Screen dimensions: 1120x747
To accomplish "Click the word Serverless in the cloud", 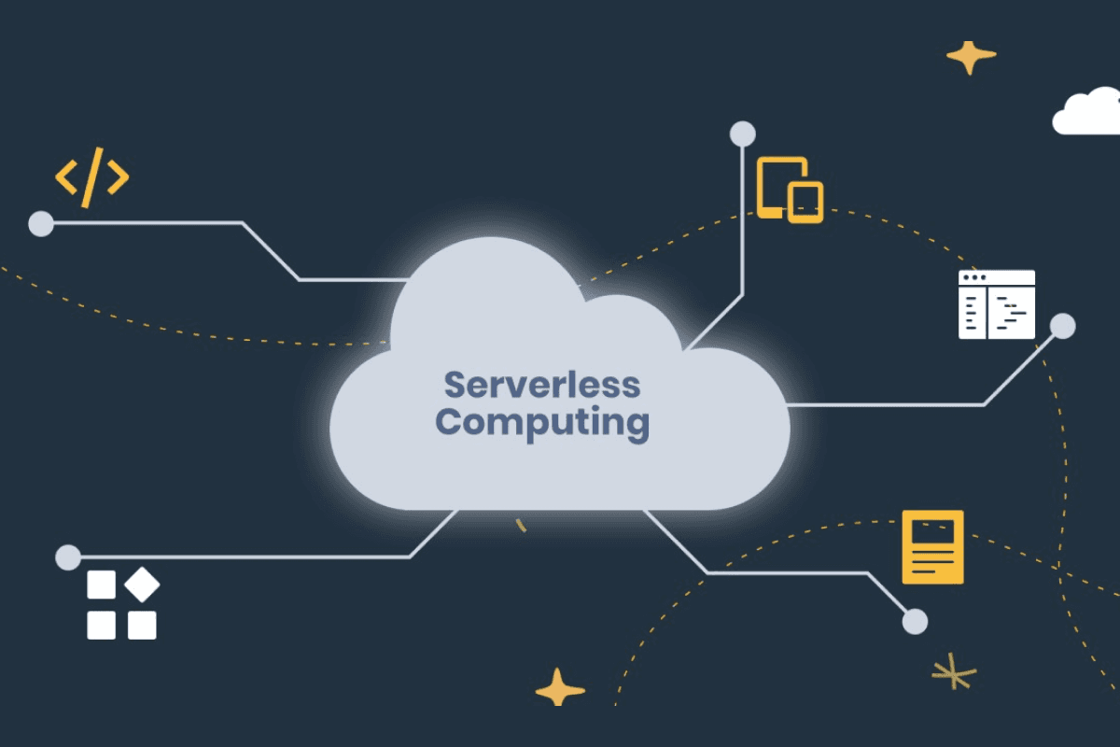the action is (x=542, y=385).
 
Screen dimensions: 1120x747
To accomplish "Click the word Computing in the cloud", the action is (x=542, y=423).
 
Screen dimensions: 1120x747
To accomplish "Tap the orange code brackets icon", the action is (x=92, y=177).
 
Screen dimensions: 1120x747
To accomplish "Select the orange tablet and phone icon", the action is (x=790, y=190).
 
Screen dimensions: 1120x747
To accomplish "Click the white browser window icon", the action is (x=997, y=304).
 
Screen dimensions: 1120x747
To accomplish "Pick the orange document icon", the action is (x=932, y=547).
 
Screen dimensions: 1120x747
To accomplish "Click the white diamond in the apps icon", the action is (x=142, y=585).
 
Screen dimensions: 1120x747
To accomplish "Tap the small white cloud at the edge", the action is (x=1086, y=111).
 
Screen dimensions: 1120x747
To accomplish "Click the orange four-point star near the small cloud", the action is (x=971, y=58).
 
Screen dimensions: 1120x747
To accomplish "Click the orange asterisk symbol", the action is (x=954, y=671).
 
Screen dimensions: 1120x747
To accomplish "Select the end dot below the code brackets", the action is (x=41, y=224).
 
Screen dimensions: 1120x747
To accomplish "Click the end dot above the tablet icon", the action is (x=743, y=134).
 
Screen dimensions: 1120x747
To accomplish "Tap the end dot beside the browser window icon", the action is (x=1062, y=326).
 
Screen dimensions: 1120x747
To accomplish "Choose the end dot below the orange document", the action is (x=915, y=622).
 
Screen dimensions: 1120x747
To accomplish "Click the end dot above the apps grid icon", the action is (x=68, y=557).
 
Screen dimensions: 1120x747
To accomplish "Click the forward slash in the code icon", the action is (x=92, y=177).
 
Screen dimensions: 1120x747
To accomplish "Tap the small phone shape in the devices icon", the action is (x=805, y=203).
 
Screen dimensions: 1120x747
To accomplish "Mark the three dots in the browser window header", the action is (x=974, y=277).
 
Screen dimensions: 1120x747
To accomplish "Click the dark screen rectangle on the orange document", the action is (x=932, y=531).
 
